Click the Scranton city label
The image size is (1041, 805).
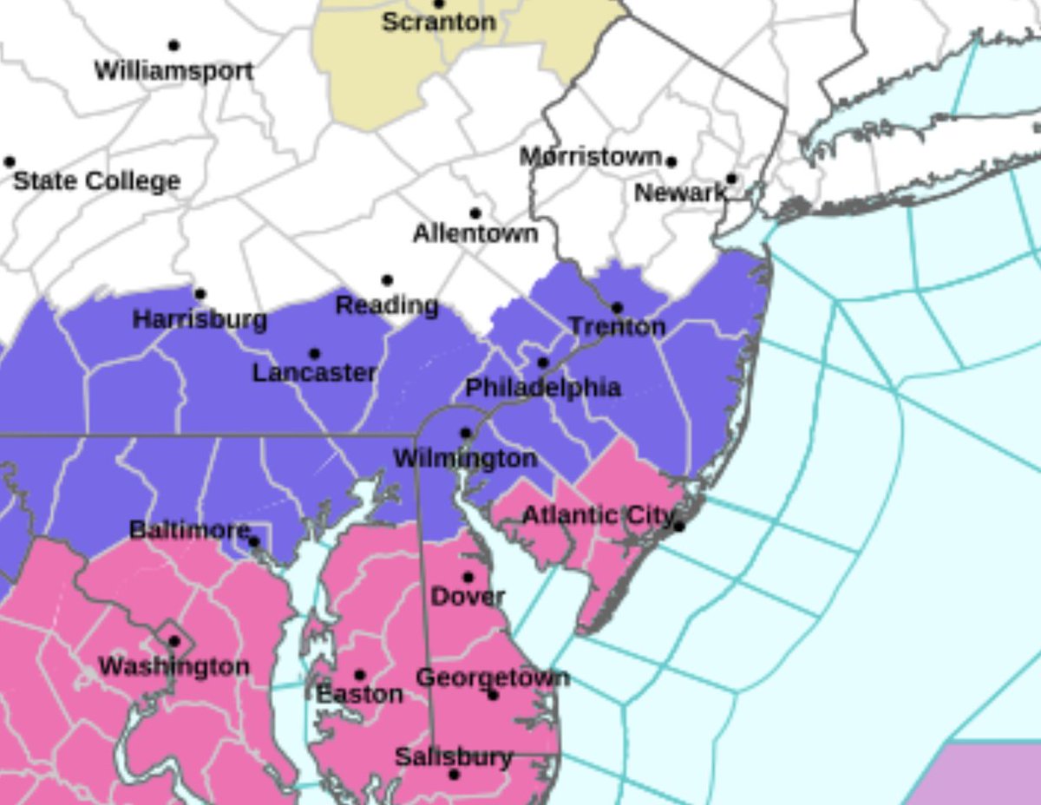(439, 22)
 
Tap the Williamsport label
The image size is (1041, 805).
(173, 70)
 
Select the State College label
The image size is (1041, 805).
(97, 181)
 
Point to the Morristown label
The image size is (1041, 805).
(591, 157)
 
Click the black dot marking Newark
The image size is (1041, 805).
(731, 179)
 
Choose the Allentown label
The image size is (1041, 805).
(475, 233)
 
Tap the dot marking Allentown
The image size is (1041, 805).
(475, 213)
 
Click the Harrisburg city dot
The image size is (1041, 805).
(200, 294)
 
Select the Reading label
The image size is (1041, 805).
(387, 305)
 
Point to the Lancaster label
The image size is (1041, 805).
(314, 373)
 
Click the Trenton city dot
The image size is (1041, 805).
(617, 308)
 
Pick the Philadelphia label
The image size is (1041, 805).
(543, 388)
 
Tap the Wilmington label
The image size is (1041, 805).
(465, 458)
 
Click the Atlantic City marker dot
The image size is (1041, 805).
(679, 527)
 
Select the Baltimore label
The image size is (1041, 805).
(190, 529)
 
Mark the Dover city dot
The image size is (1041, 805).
(468, 577)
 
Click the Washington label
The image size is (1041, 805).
(173, 667)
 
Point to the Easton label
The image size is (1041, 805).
(359, 694)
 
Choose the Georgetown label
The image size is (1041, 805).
(493, 677)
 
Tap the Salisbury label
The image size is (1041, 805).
(454, 757)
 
